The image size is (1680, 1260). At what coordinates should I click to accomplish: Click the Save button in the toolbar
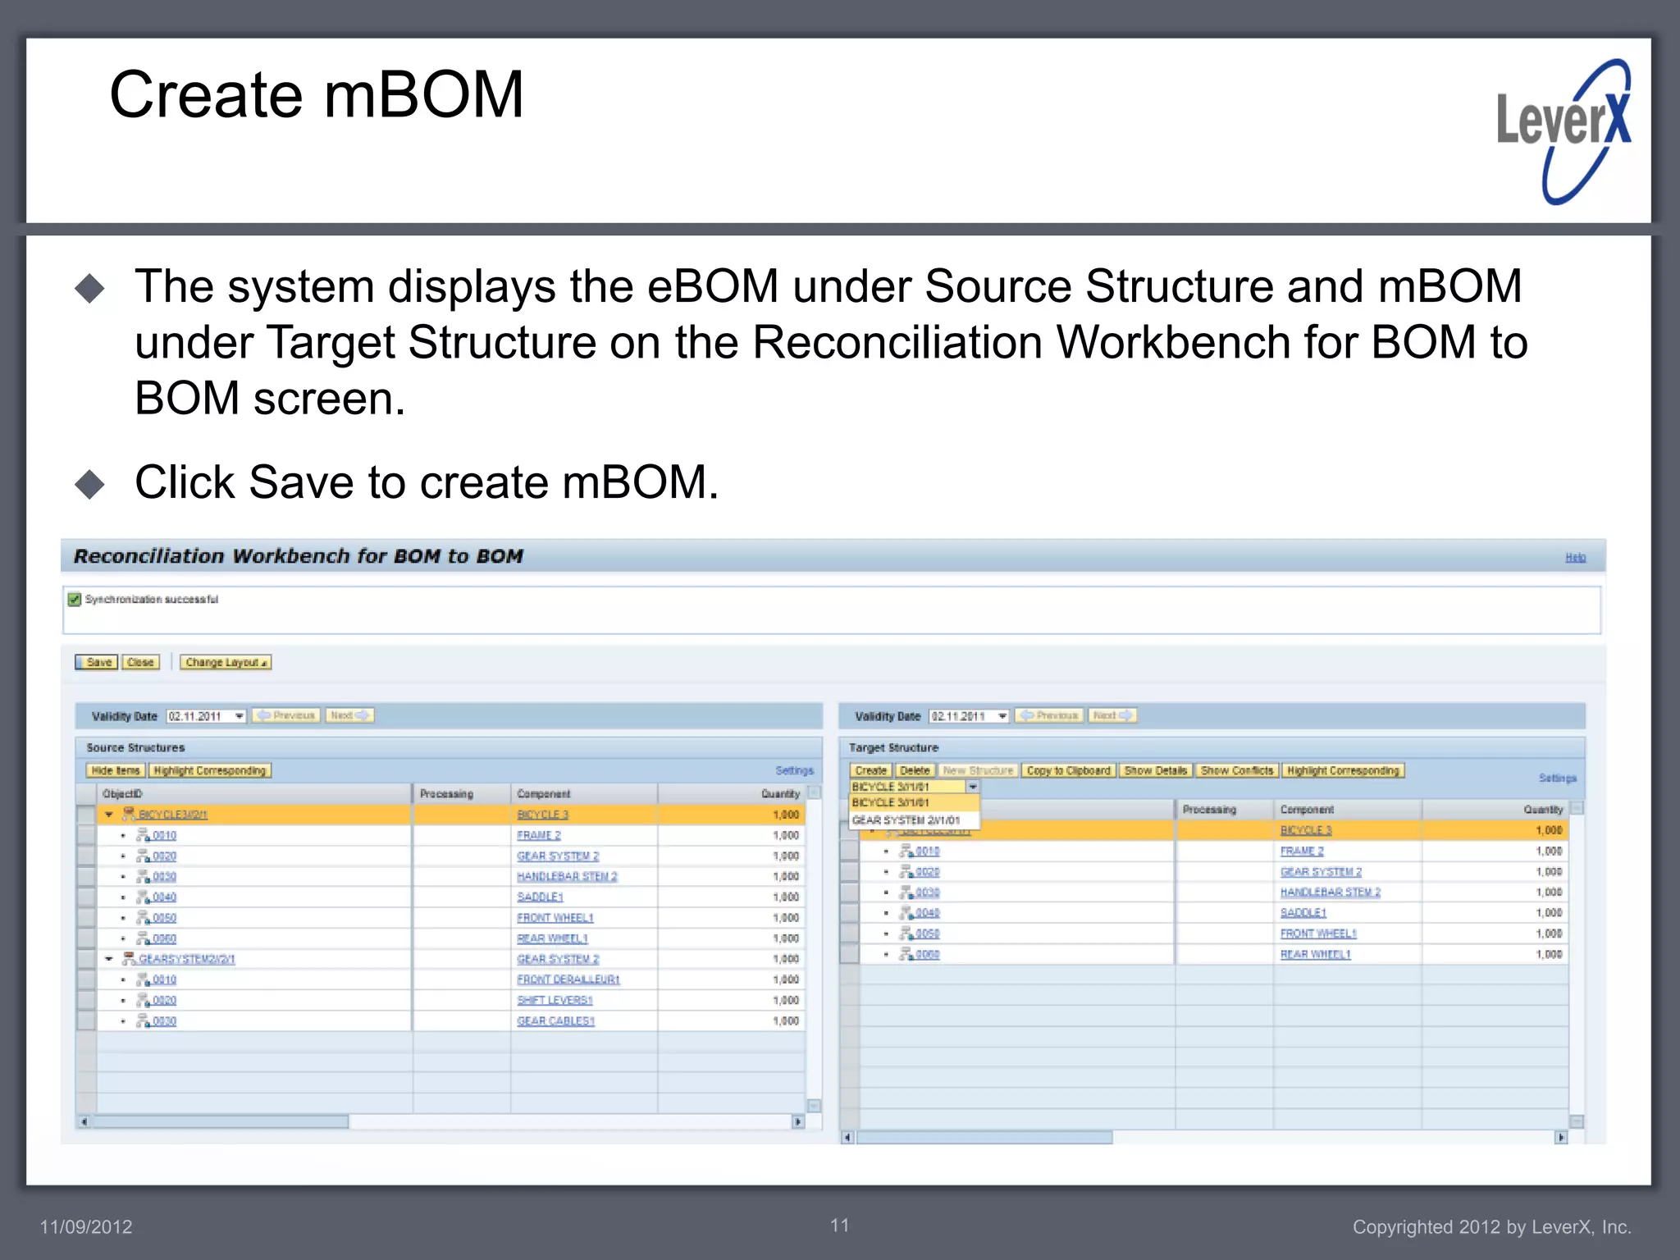coord(97,662)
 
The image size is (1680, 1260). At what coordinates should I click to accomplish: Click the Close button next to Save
coord(140,662)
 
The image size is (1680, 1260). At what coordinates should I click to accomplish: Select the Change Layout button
coord(226,662)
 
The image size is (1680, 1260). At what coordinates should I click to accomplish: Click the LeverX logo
coord(1564,131)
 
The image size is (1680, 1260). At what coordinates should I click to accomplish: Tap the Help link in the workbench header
coord(1575,558)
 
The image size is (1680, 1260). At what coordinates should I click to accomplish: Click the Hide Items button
coord(116,770)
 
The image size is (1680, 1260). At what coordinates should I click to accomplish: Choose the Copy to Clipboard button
coord(1068,770)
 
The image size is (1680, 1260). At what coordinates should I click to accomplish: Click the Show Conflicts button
coord(1236,770)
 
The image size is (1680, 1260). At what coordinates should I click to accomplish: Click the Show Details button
coord(1155,770)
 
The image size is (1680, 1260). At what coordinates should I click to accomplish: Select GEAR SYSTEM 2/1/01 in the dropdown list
coord(906,820)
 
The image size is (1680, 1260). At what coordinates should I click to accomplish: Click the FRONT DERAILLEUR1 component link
coord(568,979)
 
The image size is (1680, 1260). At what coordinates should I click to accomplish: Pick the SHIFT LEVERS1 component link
coord(555,1000)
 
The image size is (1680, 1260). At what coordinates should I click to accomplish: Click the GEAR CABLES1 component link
coord(555,1021)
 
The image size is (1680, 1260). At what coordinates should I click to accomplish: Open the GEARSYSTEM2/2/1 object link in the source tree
coord(186,959)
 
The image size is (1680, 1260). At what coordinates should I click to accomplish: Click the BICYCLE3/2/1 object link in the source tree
coord(173,815)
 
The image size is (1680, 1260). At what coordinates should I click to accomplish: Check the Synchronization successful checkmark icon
coord(75,600)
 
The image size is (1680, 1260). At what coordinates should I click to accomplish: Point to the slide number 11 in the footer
coord(839,1226)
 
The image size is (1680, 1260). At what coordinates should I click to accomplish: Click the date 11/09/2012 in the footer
coord(86,1227)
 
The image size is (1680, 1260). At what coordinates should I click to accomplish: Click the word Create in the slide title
coord(205,95)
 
